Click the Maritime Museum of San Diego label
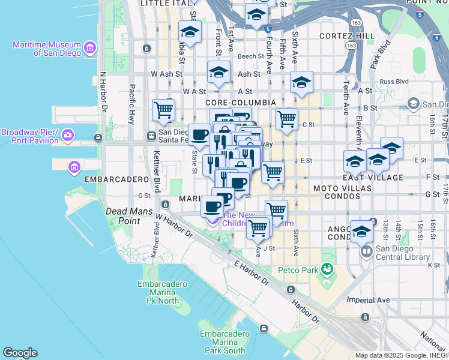tap(47, 49)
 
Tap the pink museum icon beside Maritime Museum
tap(90, 47)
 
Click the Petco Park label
tap(297, 270)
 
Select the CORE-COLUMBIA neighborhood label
tap(241, 103)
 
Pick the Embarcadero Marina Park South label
tap(223, 342)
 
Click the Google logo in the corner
tap(19, 353)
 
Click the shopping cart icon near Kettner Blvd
tap(163, 110)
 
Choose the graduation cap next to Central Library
tap(361, 232)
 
